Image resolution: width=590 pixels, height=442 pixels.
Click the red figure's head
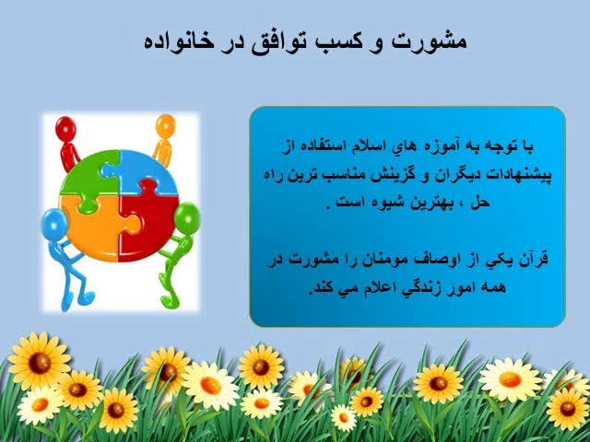point(65,128)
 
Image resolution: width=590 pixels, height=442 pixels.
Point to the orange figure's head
point(166,125)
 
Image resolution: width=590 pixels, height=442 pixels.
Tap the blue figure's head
point(54,223)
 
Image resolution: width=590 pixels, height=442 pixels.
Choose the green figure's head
point(187,217)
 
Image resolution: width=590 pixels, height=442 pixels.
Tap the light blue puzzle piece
point(147,171)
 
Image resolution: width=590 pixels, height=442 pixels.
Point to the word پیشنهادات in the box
point(520,175)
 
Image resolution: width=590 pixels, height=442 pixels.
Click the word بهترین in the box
point(426,203)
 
